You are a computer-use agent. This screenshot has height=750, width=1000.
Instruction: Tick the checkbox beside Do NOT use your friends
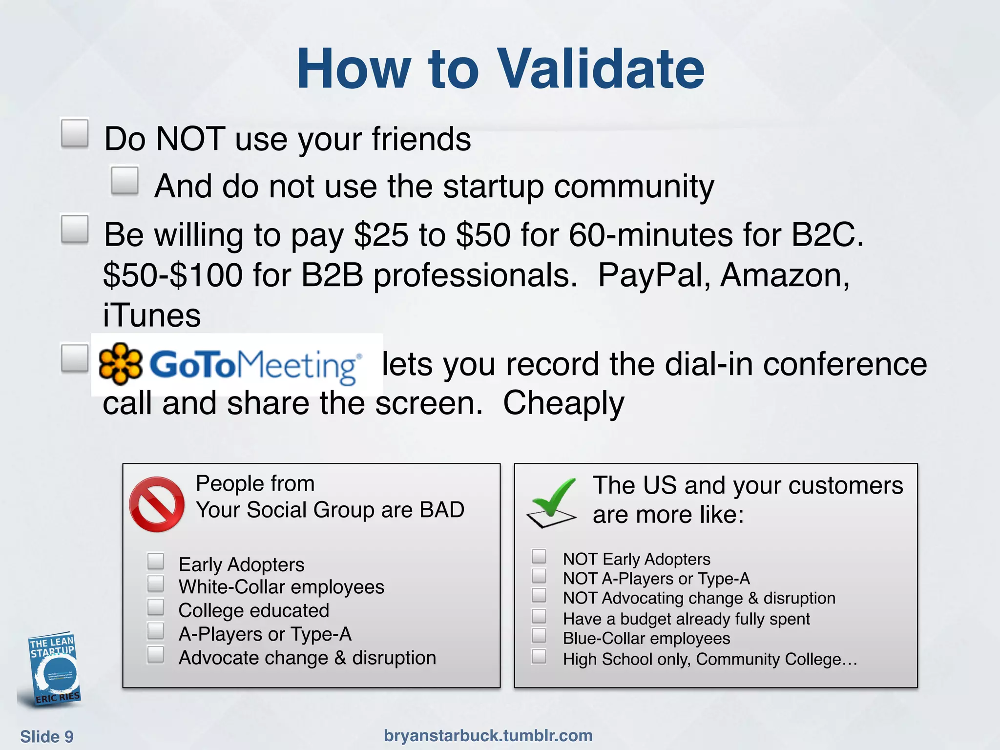tap(75, 133)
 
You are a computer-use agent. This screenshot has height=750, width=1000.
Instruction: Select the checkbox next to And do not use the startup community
tap(125, 181)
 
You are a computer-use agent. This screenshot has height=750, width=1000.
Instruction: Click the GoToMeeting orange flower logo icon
tap(120, 364)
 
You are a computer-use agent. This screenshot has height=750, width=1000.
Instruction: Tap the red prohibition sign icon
tap(157, 504)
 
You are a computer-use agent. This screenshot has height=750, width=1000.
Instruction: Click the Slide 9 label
tap(47, 736)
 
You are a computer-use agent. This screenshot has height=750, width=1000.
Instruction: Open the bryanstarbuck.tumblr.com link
tap(488, 735)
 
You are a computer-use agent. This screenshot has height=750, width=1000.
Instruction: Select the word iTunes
tap(152, 315)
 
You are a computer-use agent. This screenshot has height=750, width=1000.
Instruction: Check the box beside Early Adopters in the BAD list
tap(156, 562)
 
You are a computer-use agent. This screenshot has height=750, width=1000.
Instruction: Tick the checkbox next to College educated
tap(156, 607)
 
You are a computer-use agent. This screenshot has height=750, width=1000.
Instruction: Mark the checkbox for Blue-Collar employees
tap(539, 636)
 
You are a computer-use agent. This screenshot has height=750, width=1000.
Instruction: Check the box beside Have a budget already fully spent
tap(539, 616)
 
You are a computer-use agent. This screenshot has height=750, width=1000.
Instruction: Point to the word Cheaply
tap(563, 403)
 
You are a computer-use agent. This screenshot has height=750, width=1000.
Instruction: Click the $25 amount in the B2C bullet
tap(381, 235)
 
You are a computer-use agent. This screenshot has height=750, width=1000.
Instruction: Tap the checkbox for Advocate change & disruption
tap(156, 654)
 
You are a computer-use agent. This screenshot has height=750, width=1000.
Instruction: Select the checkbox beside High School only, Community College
tap(539, 657)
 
